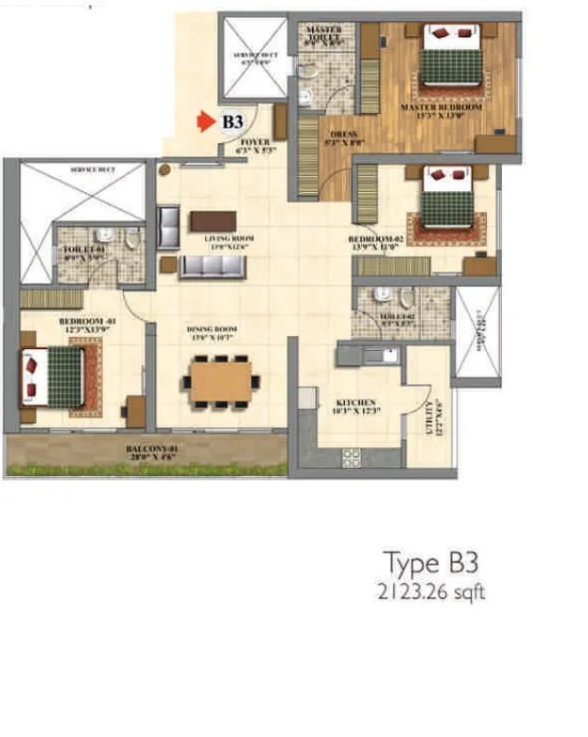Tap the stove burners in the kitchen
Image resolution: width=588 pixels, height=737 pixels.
[351, 458]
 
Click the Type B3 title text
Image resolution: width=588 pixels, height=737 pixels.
[431, 563]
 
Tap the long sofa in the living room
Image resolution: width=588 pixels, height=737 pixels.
[213, 266]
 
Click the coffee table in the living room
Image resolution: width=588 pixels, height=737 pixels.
[213, 220]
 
